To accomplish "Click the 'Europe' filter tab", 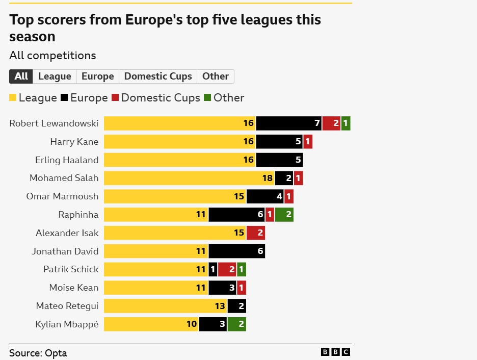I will pyautogui.click(x=97, y=76).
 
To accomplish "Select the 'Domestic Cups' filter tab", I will pyautogui.click(x=158, y=76).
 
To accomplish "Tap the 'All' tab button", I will pyautogui.click(x=21, y=76).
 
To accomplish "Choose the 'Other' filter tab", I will pyautogui.click(x=215, y=76).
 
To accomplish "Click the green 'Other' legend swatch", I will pyautogui.click(x=207, y=98).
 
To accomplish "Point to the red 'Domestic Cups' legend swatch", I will pyautogui.click(x=115, y=98).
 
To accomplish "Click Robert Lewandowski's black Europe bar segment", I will pyautogui.click(x=288, y=123).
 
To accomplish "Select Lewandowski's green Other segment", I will pyautogui.click(x=346, y=123).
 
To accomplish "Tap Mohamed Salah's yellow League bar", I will pyautogui.click(x=189, y=178).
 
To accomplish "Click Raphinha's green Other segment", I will pyautogui.click(x=284, y=215).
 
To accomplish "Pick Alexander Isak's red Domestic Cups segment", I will pyautogui.click(x=256, y=233).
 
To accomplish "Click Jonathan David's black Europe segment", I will pyautogui.click(x=236, y=251).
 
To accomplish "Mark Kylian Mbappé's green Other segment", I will pyautogui.click(x=237, y=324).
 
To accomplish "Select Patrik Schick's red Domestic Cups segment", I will pyautogui.click(x=227, y=270).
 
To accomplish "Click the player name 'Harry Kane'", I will pyautogui.click(x=74, y=142).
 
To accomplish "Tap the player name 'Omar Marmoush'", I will pyautogui.click(x=62, y=196).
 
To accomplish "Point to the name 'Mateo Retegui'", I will pyautogui.click(x=67, y=306).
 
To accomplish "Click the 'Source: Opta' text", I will pyautogui.click(x=38, y=353).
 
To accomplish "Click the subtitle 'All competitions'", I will pyautogui.click(x=52, y=56).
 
